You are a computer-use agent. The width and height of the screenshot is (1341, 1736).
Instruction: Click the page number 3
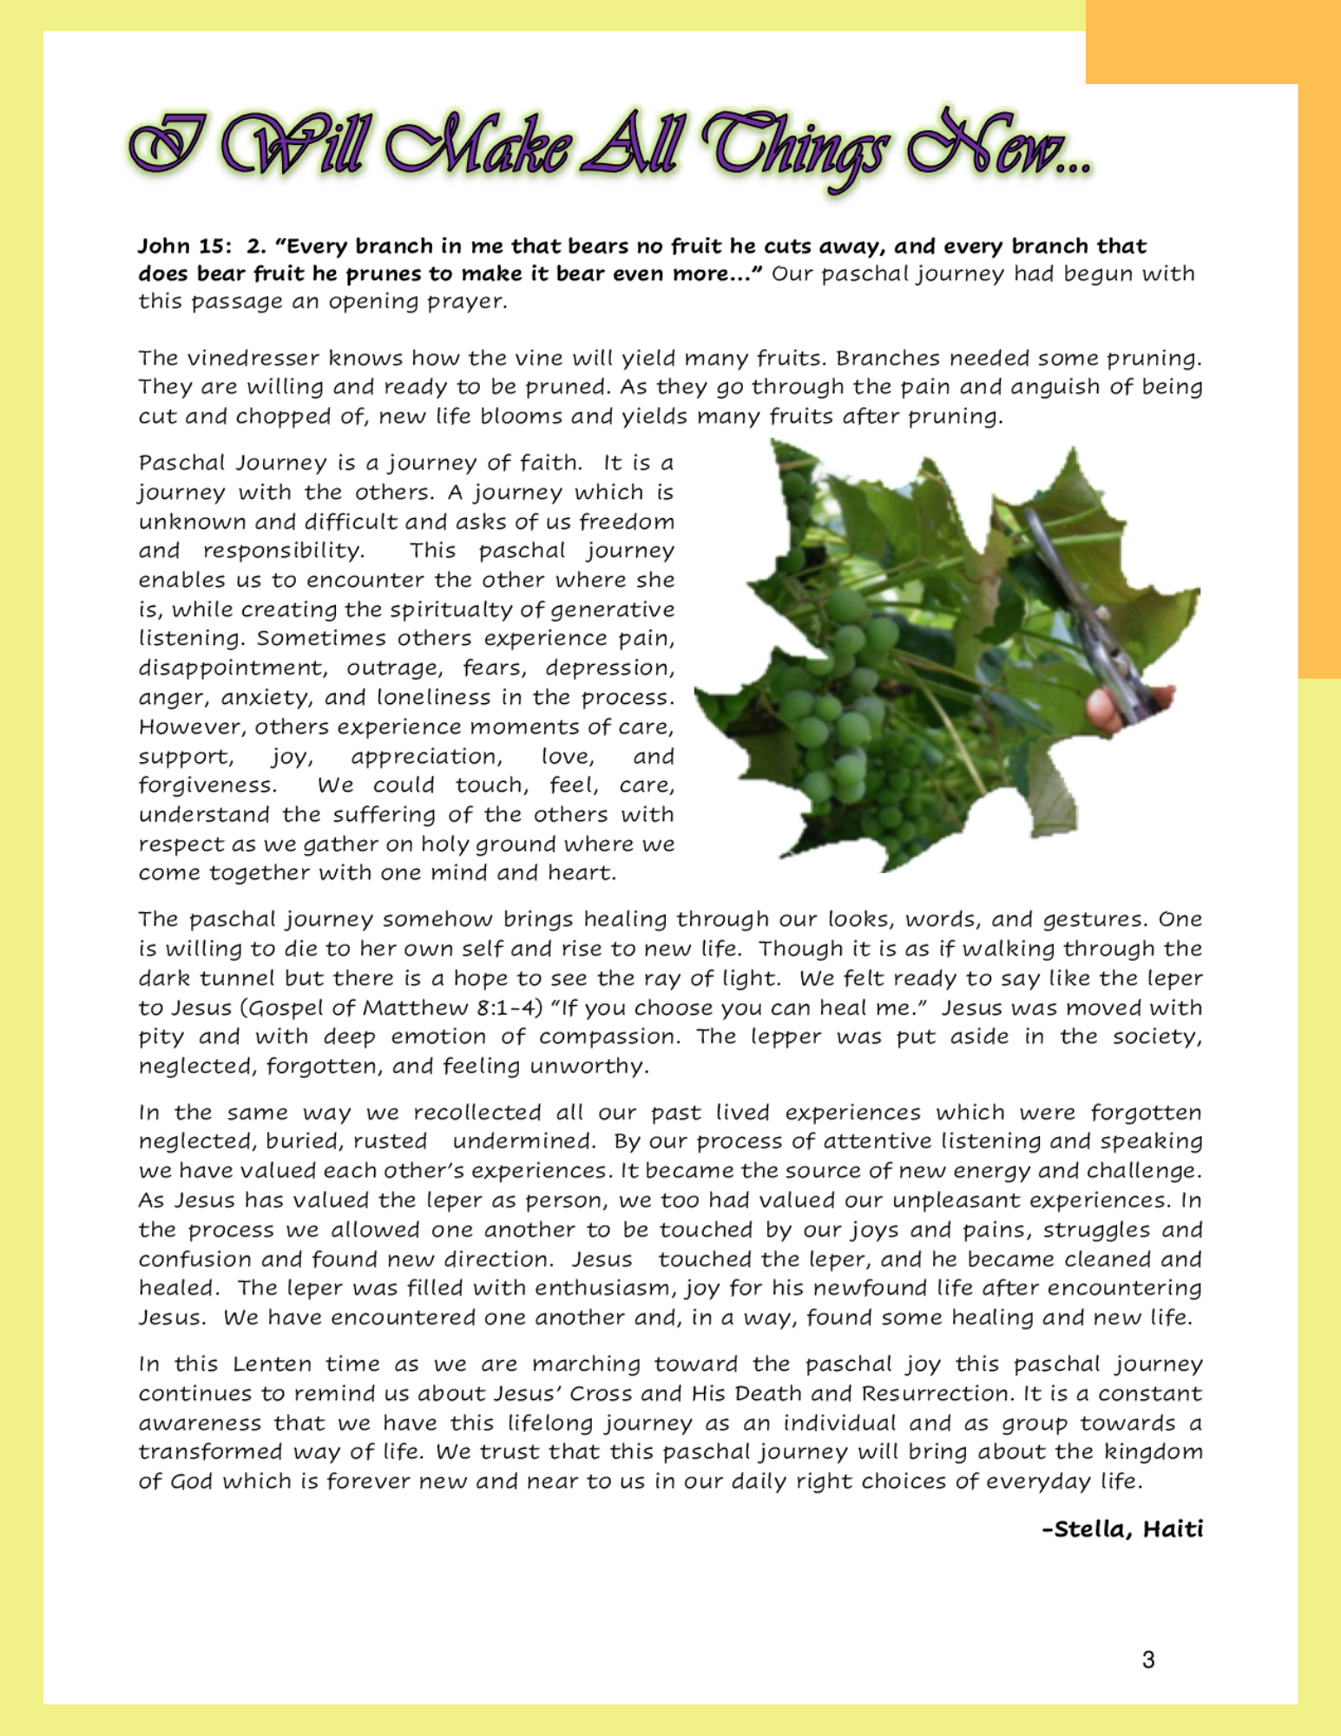pos(1148,1660)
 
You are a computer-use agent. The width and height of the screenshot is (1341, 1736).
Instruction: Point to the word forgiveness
pos(207,786)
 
